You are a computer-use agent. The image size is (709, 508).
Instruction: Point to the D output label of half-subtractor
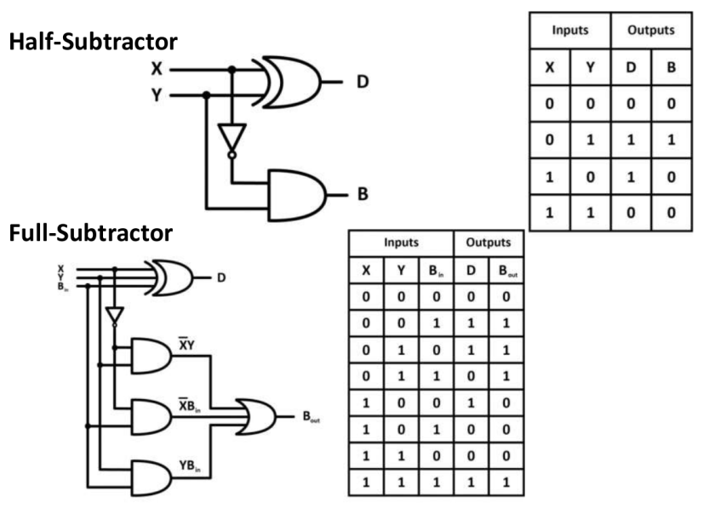pyautogui.click(x=362, y=83)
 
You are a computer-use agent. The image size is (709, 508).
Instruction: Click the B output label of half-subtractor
pyautogui.click(x=362, y=194)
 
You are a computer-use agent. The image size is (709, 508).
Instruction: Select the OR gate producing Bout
pyautogui.click(x=256, y=417)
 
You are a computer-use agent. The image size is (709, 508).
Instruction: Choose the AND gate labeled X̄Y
pyautogui.click(x=150, y=355)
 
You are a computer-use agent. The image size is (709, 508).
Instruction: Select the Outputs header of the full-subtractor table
pyautogui.click(x=489, y=243)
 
